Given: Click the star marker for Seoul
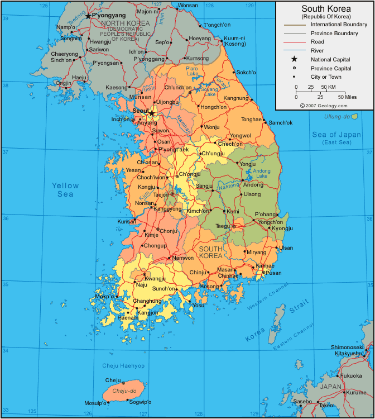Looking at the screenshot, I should (x=152, y=113).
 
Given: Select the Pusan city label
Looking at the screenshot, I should (x=273, y=273).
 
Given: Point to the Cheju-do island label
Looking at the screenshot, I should (x=125, y=391).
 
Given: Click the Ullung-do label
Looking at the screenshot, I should (x=337, y=116).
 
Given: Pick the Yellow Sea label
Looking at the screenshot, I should (x=65, y=190).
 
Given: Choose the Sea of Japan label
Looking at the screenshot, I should (x=336, y=138).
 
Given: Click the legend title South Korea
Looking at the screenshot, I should (x=326, y=8).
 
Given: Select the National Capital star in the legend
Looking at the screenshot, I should (x=294, y=59).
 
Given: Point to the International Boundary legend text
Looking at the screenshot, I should (x=339, y=25).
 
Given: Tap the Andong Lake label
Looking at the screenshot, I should (x=261, y=174).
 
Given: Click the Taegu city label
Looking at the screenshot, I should (x=223, y=226).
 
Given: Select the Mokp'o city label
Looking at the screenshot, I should (x=105, y=296).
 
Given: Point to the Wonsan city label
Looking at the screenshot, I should (x=187, y=5).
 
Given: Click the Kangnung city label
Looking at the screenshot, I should (x=235, y=98).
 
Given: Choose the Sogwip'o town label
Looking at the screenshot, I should (x=139, y=402).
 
